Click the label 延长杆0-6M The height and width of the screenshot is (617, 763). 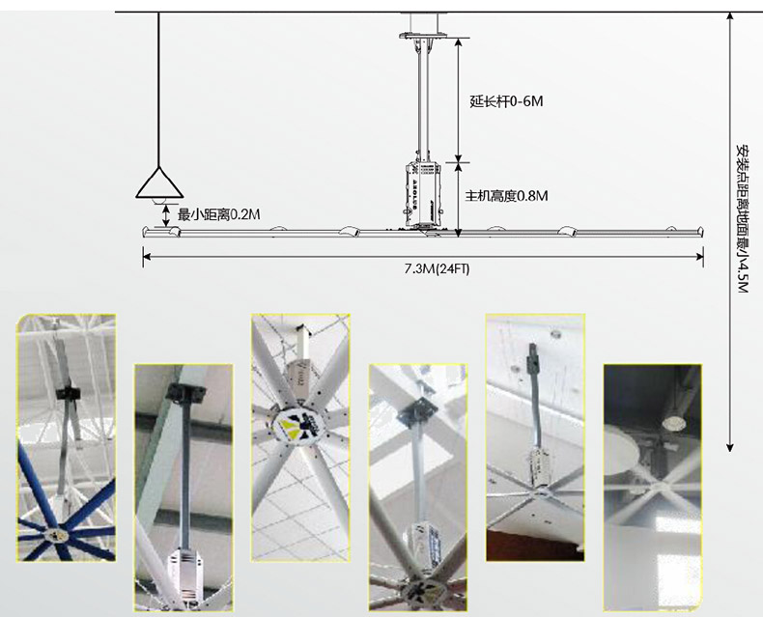coord(506,101)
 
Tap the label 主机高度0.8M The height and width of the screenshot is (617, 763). coord(506,196)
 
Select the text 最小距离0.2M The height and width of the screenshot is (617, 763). coord(218,214)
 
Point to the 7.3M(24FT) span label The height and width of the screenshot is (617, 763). coord(437,269)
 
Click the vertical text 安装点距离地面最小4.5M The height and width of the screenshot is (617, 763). coord(742,218)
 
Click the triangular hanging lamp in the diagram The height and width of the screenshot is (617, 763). coord(158,183)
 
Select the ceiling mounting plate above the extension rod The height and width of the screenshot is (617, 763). coord(423,35)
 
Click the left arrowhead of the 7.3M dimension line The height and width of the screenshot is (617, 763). coord(146,257)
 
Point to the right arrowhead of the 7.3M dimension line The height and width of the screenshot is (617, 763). coord(700,257)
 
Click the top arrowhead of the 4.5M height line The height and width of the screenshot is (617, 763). coord(729,15)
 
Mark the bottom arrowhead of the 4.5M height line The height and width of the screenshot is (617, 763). coord(729,448)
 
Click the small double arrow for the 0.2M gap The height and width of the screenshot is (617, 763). coord(166,215)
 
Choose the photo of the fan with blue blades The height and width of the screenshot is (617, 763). coord(67,438)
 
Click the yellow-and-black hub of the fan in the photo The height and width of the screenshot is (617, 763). coord(295,421)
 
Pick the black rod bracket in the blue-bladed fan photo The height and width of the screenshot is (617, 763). coord(68,393)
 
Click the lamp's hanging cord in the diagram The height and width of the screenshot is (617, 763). coord(158,89)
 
